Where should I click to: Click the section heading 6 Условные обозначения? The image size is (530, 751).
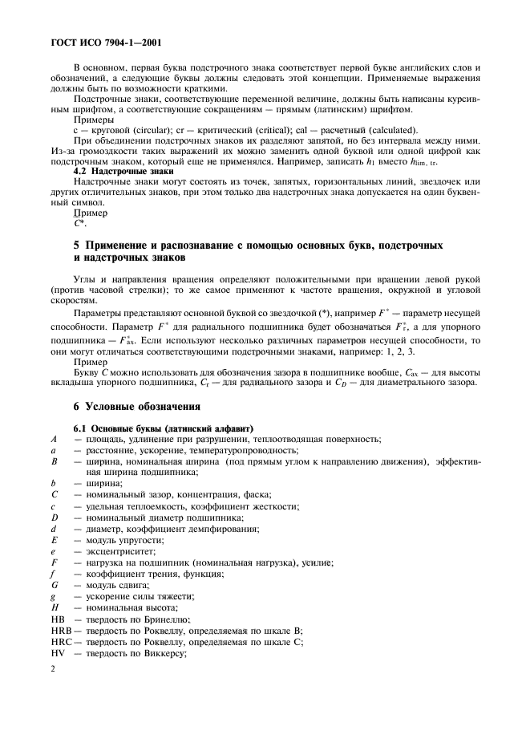tap(138, 407)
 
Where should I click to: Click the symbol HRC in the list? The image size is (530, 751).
tap(60, 643)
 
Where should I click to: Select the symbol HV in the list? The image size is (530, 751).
tap(56, 655)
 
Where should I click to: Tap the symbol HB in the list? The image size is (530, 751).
tap(56, 619)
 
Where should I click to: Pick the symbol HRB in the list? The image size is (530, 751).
tap(60, 631)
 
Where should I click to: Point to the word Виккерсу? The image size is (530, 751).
tap(163, 655)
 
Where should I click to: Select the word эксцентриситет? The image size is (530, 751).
tap(121, 553)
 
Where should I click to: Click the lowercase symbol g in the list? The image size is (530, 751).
tap(53, 598)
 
